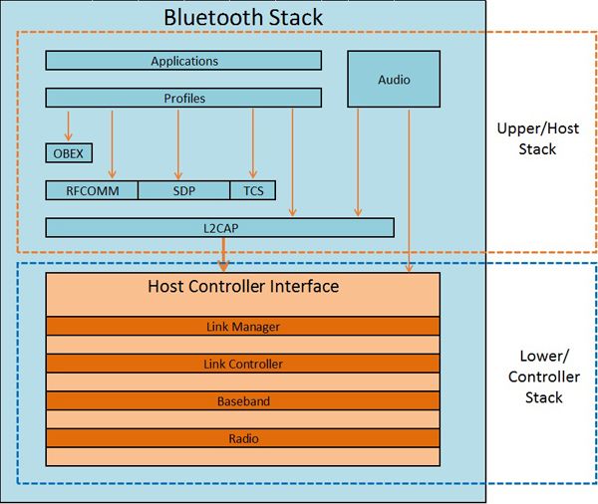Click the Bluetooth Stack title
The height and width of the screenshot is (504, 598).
242,17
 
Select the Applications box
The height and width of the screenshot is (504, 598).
183,61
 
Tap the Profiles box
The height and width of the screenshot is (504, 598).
183,98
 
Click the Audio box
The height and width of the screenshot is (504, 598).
394,79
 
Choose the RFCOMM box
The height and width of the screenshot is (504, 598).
92,190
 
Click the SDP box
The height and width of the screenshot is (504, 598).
183,190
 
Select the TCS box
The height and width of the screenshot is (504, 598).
252,190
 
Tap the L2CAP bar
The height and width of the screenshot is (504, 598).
220,228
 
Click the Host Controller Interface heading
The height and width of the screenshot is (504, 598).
242,287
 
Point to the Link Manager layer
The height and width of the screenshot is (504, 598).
242,326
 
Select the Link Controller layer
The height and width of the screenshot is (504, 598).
242,364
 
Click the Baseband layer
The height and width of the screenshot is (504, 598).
242,401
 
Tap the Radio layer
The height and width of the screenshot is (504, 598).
242,438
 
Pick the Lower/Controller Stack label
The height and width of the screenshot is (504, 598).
541,377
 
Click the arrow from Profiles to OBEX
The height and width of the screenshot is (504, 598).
69,126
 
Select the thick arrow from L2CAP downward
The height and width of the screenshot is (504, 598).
223,255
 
